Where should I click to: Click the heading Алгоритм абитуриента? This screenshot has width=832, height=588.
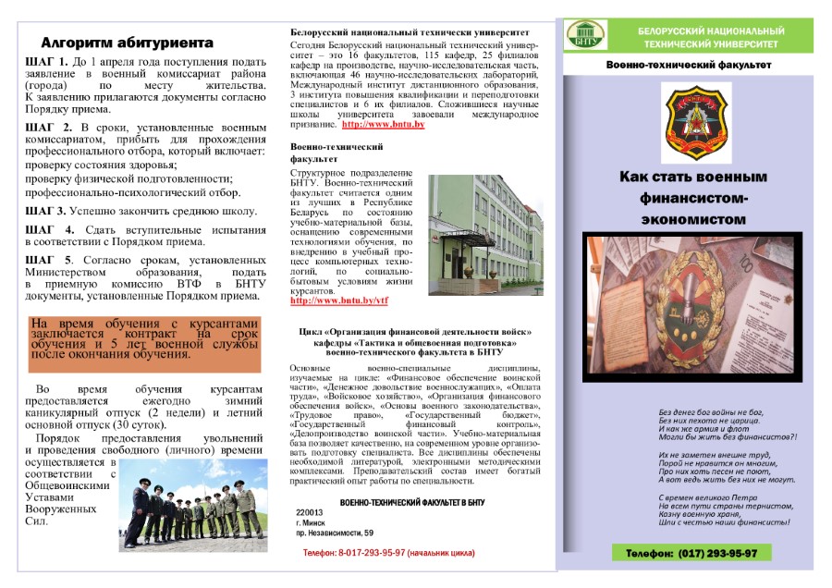[x=128, y=43]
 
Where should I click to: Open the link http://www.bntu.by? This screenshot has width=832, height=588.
[x=383, y=124]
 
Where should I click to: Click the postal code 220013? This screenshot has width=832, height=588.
[x=310, y=512]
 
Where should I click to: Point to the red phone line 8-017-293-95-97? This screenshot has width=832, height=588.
[x=388, y=552]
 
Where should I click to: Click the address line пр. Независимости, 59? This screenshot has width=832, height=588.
[x=335, y=533]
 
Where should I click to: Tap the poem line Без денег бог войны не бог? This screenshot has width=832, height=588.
[x=710, y=411]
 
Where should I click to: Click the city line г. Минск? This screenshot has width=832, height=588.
[x=310, y=522]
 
